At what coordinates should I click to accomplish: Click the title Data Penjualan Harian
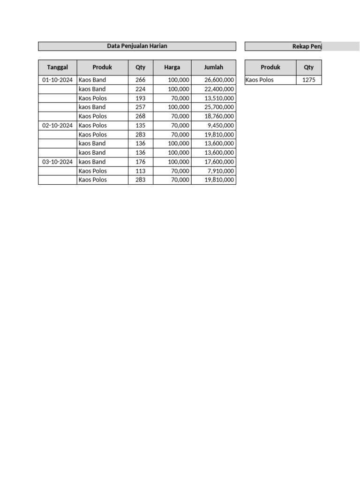click(x=137, y=46)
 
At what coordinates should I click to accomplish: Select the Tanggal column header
click(x=57, y=67)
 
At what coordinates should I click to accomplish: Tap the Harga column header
click(x=172, y=67)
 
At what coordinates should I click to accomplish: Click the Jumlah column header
click(x=213, y=67)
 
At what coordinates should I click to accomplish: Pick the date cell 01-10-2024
click(x=57, y=80)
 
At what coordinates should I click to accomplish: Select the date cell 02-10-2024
click(x=57, y=126)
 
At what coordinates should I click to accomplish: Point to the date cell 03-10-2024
click(x=57, y=162)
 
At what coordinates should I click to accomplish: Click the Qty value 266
click(x=140, y=80)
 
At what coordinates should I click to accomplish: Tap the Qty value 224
click(x=140, y=89)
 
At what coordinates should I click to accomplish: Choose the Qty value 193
click(x=140, y=98)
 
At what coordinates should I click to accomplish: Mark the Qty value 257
click(x=140, y=107)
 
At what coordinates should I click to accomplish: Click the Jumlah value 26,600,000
click(x=219, y=80)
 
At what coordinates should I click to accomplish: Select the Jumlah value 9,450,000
click(x=221, y=126)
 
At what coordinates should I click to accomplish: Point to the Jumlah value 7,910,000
click(x=221, y=171)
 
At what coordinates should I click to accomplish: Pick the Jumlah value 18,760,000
click(x=219, y=116)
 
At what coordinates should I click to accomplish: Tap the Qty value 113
click(x=140, y=171)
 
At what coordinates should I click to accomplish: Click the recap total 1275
click(x=309, y=80)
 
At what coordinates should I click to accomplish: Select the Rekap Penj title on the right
click(x=307, y=46)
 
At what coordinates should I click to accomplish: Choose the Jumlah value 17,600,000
click(x=219, y=162)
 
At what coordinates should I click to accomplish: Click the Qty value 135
click(x=140, y=126)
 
